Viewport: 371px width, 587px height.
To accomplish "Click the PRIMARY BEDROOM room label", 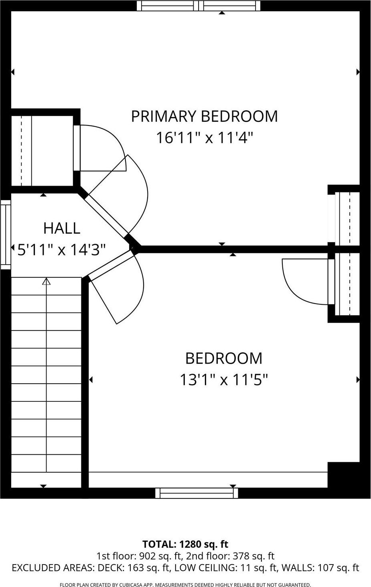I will click(x=204, y=116).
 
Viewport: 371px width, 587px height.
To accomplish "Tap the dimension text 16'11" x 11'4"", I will click(x=204, y=138).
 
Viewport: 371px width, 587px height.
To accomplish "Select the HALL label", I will click(x=62, y=228).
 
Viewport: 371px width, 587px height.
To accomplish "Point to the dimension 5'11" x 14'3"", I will click(x=62, y=250).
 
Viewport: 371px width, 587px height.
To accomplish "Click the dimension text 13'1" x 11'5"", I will click(x=223, y=379).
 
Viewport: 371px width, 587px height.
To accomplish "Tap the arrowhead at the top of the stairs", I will click(x=47, y=281).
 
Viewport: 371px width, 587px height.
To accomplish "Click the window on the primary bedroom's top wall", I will click(x=199, y=6).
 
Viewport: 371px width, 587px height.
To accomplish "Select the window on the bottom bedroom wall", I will click(x=197, y=493).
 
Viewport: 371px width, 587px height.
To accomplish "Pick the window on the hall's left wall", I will click(x=5, y=235).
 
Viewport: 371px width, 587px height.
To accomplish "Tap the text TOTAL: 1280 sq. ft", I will click(x=185, y=544).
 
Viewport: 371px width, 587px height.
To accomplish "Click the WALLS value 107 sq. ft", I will click(x=338, y=568).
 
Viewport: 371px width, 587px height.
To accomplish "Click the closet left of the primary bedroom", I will click(x=42, y=151).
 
